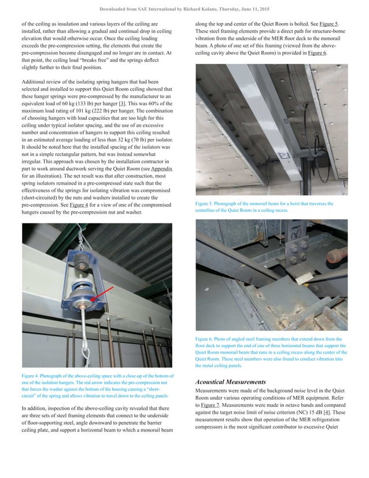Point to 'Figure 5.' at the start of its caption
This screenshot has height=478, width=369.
tap(206, 204)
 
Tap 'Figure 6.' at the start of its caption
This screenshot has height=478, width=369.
tap(206, 339)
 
